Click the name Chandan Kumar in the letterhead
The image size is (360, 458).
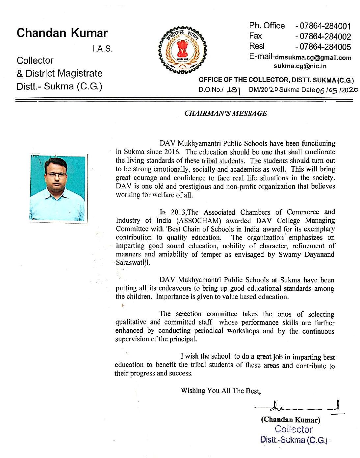point(62,33)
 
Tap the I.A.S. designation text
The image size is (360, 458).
point(103,49)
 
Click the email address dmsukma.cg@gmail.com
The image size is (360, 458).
point(313,58)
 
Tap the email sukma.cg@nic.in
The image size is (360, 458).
point(300,66)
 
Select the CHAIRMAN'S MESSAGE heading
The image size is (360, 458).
point(226,113)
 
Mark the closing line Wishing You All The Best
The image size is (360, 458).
point(220,391)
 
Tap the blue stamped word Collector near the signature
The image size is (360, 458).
point(294,429)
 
